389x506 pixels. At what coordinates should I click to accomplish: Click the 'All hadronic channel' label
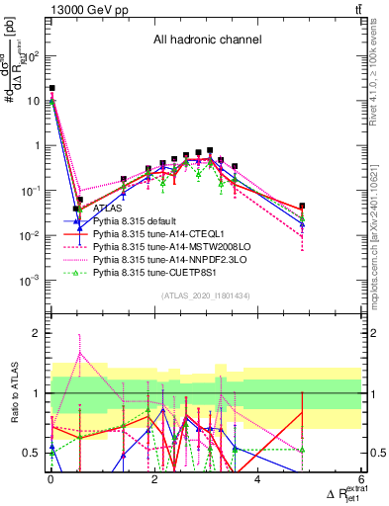click(206, 41)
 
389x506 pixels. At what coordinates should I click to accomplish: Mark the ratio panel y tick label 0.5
click(33, 454)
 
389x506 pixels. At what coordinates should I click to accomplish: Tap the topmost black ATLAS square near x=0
click(51, 88)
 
